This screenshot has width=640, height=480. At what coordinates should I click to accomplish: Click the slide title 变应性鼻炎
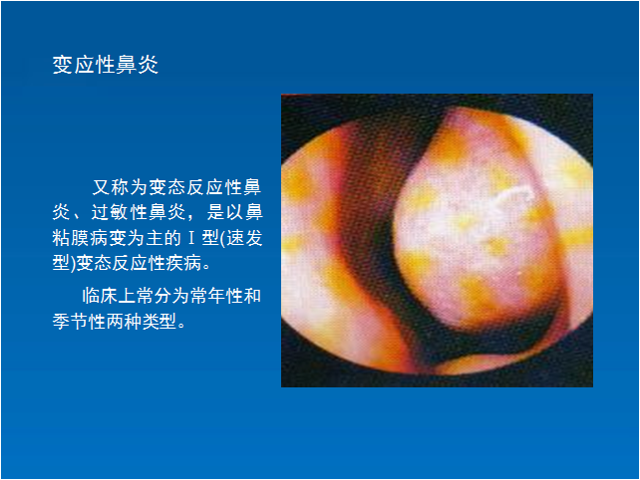(x=106, y=65)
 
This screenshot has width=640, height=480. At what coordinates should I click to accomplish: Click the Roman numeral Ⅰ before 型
(x=190, y=238)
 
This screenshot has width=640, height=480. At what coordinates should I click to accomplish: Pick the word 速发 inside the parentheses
(x=244, y=238)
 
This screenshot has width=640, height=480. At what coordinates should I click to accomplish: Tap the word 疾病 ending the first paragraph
(x=183, y=263)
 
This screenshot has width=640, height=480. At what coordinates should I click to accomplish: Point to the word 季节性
(x=79, y=322)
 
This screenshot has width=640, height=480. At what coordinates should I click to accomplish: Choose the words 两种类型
(x=142, y=322)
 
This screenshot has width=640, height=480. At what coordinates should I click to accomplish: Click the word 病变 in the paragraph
(x=109, y=238)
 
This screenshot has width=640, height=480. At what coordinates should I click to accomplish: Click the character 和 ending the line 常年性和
(x=253, y=296)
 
